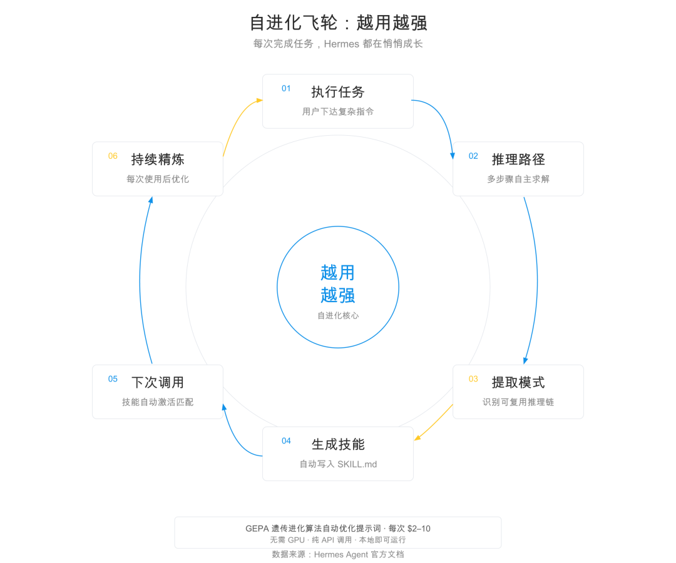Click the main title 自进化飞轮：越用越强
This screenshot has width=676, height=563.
click(x=338, y=23)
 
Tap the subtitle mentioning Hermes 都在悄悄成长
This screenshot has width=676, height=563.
click(x=338, y=44)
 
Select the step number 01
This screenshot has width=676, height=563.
click(x=286, y=88)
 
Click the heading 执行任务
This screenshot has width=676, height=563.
click(x=338, y=92)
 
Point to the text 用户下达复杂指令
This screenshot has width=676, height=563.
click(x=338, y=112)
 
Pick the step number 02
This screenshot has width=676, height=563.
click(x=473, y=156)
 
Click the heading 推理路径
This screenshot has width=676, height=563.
click(x=518, y=160)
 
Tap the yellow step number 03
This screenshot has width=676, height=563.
click(x=473, y=378)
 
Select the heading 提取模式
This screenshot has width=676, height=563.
click(x=518, y=382)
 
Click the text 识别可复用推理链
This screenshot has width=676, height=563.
click(x=518, y=402)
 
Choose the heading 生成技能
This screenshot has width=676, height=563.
click(x=338, y=444)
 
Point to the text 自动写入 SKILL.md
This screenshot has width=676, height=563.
click(x=338, y=464)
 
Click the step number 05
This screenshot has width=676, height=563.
click(x=113, y=378)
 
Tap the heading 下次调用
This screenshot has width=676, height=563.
click(x=158, y=382)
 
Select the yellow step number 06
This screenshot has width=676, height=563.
click(x=113, y=156)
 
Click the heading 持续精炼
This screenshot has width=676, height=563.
click(x=158, y=160)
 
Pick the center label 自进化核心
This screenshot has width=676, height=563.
click(x=338, y=316)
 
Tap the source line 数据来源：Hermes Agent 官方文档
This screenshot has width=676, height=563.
click(x=338, y=554)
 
